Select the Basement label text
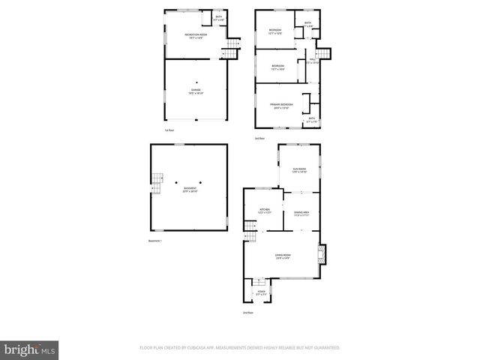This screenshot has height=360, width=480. (x=190, y=189)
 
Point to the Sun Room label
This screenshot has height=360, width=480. (x=298, y=169)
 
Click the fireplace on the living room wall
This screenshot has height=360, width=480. (x=322, y=255)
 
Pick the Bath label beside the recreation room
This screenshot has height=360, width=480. (x=219, y=18)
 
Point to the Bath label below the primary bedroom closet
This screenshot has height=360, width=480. (x=312, y=119)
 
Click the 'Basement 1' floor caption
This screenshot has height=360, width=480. (x=154, y=240)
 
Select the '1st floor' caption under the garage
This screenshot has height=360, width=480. (x=169, y=130)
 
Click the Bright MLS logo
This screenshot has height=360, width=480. (x=30, y=349)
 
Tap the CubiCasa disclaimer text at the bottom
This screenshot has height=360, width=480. (x=240, y=348)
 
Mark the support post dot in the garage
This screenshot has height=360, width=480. (x=196, y=82)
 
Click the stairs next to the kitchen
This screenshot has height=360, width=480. (x=248, y=229)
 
